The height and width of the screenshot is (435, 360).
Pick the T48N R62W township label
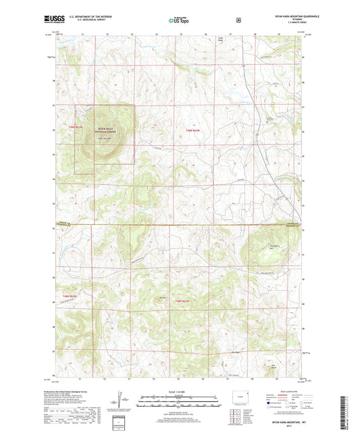click(x=184, y=300)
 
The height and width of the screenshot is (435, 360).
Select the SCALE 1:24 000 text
click(x=179, y=391)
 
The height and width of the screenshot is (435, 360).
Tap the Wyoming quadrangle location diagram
click(x=238, y=394)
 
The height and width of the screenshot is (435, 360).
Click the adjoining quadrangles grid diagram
click(x=236, y=416)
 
